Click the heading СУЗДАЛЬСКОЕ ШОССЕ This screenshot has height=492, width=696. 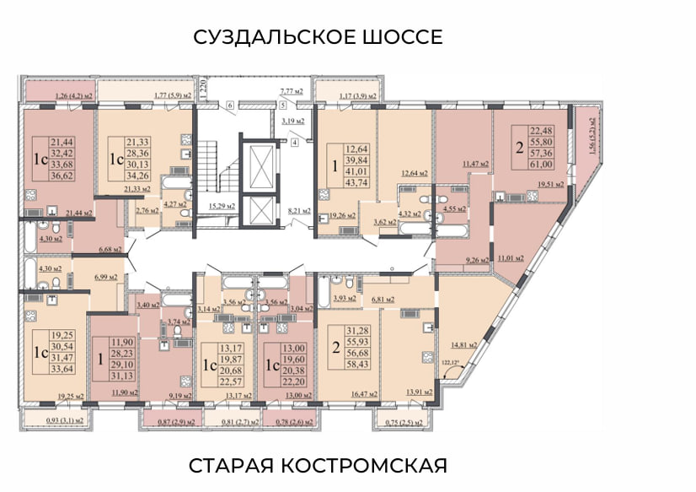point(317,37)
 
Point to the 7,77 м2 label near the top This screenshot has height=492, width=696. point(291,90)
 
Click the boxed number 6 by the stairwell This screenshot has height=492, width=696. point(229,105)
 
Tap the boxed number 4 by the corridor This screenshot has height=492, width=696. point(294,143)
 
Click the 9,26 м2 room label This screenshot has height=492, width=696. point(476,261)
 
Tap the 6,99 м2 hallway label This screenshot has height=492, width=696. point(106,277)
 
